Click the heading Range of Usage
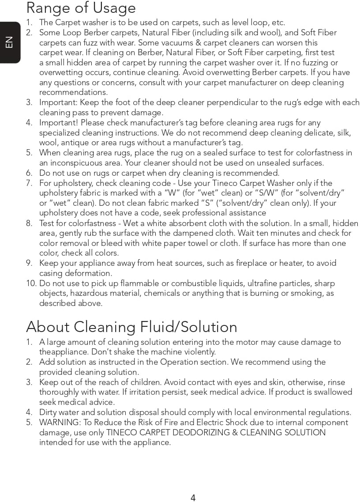point(81,8)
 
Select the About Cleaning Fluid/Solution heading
point(131,327)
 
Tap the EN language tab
point(9,42)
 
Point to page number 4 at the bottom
point(193,498)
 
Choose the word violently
point(198,352)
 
